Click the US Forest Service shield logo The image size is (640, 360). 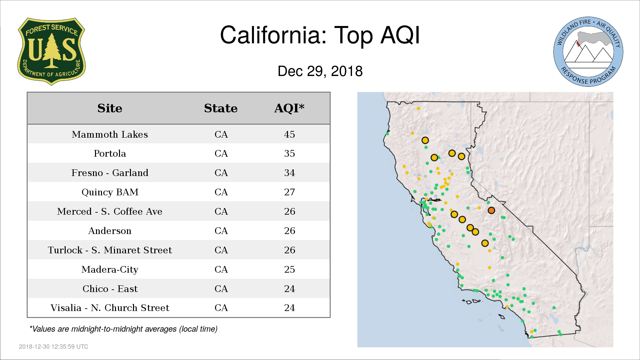click(x=51, y=51)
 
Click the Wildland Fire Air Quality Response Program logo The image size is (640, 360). click(x=588, y=52)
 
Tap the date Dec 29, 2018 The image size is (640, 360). click(x=320, y=71)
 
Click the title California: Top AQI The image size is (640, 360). click(x=320, y=35)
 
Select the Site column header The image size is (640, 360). click(x=110, y=108)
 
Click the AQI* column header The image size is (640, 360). click(x=289, y=108)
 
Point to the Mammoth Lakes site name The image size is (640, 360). click(x=110, y=134)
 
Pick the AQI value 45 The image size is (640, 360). click(x=289, y=134)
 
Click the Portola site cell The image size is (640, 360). click(x=110, y=153)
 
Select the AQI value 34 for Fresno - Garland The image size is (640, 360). click(x=289, y=173)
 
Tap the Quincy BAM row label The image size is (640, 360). click(x=110, y=192)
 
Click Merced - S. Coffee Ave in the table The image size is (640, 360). click(x=110, y=211)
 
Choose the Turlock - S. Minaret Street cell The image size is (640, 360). click(x=110, y=250)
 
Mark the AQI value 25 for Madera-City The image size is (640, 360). click(x=289, y=269)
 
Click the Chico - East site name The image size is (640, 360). click(x=110, y=289)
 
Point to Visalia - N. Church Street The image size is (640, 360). click(x=110, y=308)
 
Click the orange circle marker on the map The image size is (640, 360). click(x=491, y=210)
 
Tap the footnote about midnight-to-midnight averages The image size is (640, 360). click(x=123, y=329)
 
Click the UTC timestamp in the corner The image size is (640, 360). click(x=53, y=347)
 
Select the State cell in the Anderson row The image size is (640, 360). click(x=221, y=231)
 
